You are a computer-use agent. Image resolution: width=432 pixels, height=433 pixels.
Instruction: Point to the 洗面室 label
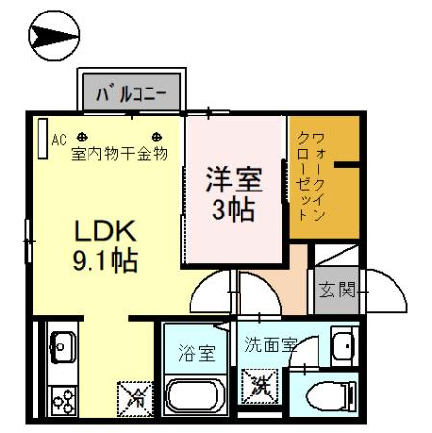coord(269,344)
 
